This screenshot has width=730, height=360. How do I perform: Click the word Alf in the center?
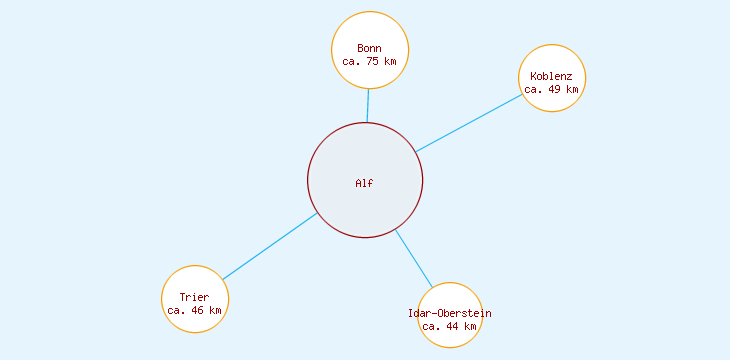(365, 183)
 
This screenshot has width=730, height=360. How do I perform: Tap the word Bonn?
(369, 48)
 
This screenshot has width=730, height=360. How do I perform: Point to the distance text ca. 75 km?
(369, 61)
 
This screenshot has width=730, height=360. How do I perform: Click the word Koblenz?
(552, 76)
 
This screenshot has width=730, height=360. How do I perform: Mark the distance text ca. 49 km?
(552, 89)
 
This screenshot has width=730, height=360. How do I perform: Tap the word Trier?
(195, 297)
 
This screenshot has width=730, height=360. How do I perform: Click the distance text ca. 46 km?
(195, 310)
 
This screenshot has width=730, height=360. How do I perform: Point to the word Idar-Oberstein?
(450, 313)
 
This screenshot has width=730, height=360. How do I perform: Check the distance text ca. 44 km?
(450, 326)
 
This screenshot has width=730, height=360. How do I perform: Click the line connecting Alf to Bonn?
(368, 106)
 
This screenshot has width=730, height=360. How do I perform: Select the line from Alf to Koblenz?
(469, 123)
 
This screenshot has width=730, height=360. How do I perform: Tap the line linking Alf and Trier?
(270, 246)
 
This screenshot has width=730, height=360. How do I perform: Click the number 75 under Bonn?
(373, 61)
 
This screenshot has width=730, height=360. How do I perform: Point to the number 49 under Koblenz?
(556, 89)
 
